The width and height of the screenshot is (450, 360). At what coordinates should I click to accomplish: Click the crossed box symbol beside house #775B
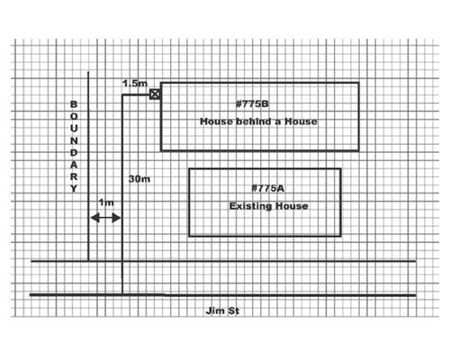pyautogui.click(x=155, y=94)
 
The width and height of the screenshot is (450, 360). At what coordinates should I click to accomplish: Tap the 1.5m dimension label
pyautogui.click(x=135, y=84)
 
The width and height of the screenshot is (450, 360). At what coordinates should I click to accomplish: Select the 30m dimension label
pyautogui.click(x=139, y=179)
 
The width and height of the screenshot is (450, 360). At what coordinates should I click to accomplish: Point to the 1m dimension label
pyautogui.click(x=106, y=202)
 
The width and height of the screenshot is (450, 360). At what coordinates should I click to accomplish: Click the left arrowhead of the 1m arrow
pyautogui.click(x=94, y=218)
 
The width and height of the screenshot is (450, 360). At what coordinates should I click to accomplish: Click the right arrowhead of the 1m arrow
pyautogui.click(x=116, y=218)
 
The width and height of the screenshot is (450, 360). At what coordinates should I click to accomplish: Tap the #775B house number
pyautogui.click(x=252, y=104)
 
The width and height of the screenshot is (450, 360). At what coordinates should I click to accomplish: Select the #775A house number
pyautogui.click(x=267, y=188)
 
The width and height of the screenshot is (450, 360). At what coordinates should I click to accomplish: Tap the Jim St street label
pyautogui.click(x=222, y=310)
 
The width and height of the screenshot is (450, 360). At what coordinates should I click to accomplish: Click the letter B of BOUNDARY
pyautogui.click(x=74, y=104)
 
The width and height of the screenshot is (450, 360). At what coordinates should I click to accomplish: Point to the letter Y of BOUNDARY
pyautogui.click(x=74, y=189)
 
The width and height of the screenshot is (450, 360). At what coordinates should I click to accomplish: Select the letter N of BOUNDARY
pyautogui.click(x=74, y=140)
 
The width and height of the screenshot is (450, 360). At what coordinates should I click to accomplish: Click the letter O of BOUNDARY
pyautogui.click(x=74, y=116)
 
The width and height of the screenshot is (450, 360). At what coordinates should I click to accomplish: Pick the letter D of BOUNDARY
pyautogui.click(x=74, y=153)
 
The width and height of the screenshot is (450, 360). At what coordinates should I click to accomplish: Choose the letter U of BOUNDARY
pyautogui.click(x=74, y=129)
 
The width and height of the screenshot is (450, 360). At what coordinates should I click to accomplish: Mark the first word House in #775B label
pyautogui.click(x=216, y=121)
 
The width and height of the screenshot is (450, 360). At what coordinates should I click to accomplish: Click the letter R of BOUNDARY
pyautogui.click(x=74, y=176)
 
